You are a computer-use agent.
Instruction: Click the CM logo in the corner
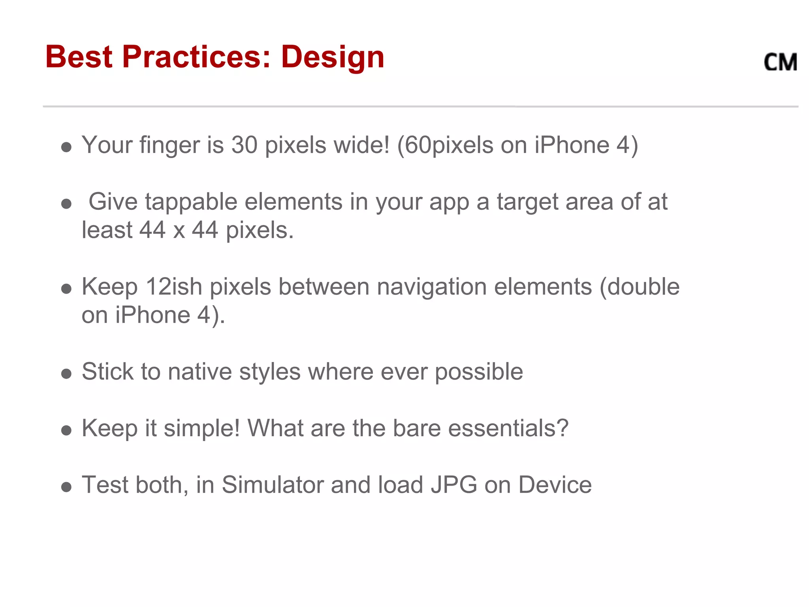pyautogui.click(x=780, y=62)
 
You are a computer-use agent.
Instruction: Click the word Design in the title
pyautogui.click(x=333, y=57)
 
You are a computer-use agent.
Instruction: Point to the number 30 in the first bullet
pyautogui.click(x=244, y=145)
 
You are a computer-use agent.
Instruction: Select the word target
pyautogui.click(x=527, y=202)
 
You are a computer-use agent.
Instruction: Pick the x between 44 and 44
pyautogui.click(x=179, y=230)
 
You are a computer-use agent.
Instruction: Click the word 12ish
pyautogui.click(x=174, y=287)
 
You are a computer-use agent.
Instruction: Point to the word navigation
pyautogui.click(x=431, y=287)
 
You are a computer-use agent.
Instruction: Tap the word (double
pyautogui.click(x=639, y=287)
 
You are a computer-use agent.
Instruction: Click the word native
pyautogui.click(x=199, y=372)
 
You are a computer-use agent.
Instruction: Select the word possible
pyautogui.click(x=479, y=372)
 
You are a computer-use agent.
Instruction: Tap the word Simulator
pyautogui.click(x=273, y=485)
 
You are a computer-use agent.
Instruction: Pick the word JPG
pyautogui.click(x=453, y=485)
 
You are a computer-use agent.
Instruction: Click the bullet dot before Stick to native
pyautogui.click(x=66, y=373)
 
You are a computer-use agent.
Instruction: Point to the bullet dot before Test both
pyautogui.click(x=66, y=487)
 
